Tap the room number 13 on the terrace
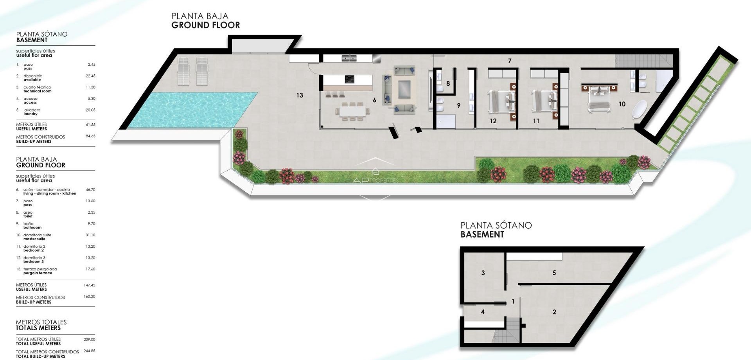point(300,95)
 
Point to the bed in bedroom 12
point(501,101)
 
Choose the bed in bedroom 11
point(544,101)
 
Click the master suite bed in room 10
point(598,99)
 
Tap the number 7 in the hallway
point(510,61)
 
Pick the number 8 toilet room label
point(448,83)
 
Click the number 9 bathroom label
point(458,105)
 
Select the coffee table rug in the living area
point(404,89)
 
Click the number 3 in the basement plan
point(483,273)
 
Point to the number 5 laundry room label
point(554,273)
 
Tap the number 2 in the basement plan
point(554,312)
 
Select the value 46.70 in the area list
point(90,190)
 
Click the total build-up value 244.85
point(89,351)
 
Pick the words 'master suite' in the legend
point(34,239)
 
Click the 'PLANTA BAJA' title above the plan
point(199,16)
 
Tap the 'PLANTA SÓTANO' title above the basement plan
point(496,225)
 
